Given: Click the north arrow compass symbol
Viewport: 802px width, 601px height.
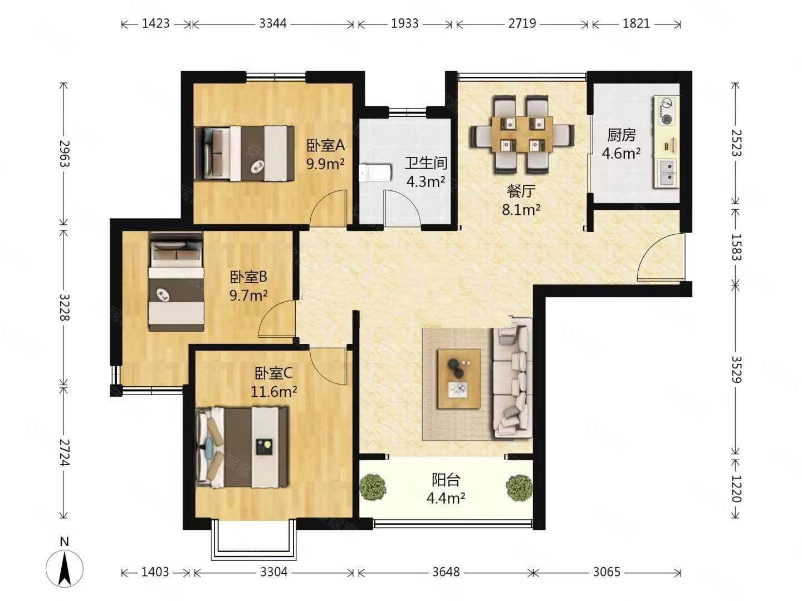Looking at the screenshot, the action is click(64, 569).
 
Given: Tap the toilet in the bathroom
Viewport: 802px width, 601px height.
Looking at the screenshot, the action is click(375, 173).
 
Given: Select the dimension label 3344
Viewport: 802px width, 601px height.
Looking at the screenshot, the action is click(273, 24).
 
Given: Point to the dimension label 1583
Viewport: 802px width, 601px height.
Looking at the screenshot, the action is click(735, 247).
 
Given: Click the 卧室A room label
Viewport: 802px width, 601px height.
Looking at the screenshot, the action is click(325, 146).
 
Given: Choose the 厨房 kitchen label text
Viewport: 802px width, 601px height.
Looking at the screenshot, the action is click(621, 135).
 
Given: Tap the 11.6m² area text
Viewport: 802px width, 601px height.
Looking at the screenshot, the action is click(273, 392).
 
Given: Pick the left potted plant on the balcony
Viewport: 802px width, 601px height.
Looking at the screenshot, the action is click(373, 487).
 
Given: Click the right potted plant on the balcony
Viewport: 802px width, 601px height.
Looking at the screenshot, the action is click(519, 487).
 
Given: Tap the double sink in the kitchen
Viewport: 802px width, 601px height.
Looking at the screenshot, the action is click(667, 173).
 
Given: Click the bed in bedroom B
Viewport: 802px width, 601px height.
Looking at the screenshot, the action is click(176, 282).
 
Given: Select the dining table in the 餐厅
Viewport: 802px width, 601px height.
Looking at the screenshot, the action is click(522, 135).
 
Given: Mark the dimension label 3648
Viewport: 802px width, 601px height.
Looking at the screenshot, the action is click(446, 572).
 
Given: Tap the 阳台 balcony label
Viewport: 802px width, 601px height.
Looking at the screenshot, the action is click(446, 480).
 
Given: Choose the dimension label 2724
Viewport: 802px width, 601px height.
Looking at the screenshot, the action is click(65, 452).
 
